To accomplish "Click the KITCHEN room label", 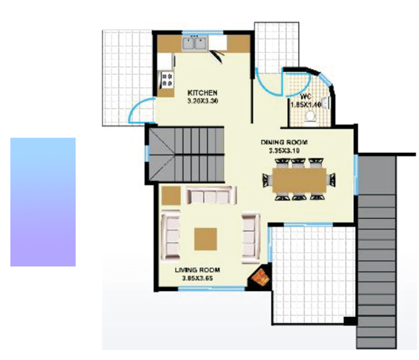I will [x=202, y=93].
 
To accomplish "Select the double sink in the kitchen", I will [x=196, y=43].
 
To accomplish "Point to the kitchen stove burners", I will [x=166, y=76].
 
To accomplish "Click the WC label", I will [x=306, y=97].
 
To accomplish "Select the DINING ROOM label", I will [x=283, y=142].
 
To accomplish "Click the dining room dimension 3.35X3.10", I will [x=283, y=150].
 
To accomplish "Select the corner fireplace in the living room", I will [x=260, y=278].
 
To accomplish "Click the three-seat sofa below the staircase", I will [x=211, y=196].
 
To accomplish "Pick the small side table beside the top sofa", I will [x=171, y=194].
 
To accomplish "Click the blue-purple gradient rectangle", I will [x=43, y=201].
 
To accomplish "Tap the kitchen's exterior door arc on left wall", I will [x=137, y=114].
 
